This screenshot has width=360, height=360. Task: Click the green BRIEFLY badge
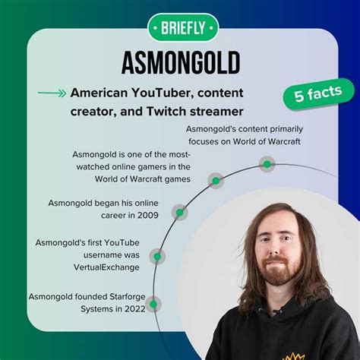click(x=179, y=27)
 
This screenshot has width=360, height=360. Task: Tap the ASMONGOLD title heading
click(x=179, y=62)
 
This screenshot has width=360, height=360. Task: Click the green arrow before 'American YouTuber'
click(x=51, y=93)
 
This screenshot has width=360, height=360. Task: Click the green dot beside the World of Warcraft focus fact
click(x=266, y=163)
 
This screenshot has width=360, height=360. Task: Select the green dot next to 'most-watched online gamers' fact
click(x=216, y=181)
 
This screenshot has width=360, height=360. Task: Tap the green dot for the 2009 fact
click(x=179, y=213)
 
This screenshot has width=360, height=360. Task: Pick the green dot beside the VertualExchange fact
click(x=157, y=257)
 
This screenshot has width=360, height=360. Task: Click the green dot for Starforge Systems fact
click(x=153, y=304)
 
